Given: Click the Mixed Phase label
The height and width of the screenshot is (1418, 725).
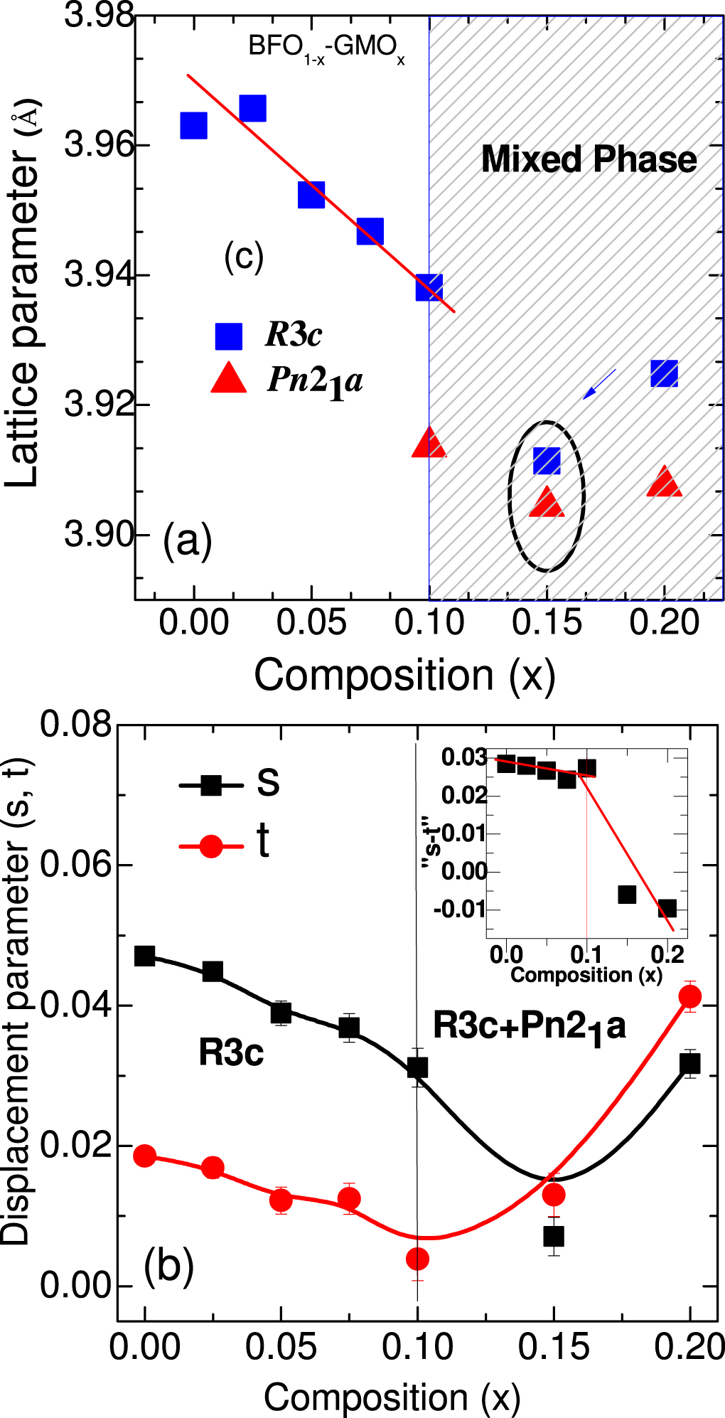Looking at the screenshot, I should click(589, 159).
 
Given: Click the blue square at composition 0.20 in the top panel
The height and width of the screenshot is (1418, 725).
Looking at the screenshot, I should click(664, 373).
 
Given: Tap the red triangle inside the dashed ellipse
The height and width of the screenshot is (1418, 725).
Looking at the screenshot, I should click(547, 503).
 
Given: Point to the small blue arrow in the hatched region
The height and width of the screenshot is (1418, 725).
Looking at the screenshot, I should click(598, 384).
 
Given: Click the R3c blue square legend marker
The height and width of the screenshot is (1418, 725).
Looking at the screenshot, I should click(229, 336).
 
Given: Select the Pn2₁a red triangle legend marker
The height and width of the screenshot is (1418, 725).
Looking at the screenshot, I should click(229, 379).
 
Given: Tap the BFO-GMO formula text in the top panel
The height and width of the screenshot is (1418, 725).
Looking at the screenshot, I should click(326, 48).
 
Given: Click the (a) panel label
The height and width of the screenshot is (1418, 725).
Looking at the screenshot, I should click(188, 540).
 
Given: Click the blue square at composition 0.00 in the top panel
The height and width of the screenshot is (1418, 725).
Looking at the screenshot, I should click(193, 125).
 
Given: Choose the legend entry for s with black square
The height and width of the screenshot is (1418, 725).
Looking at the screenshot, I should click(211, 785).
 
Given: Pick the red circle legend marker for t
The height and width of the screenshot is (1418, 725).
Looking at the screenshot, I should click(211, 846).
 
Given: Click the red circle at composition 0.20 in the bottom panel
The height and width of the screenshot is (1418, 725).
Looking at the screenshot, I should click(689, 996).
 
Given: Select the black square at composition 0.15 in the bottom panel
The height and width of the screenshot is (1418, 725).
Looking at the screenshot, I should click(554, 1236).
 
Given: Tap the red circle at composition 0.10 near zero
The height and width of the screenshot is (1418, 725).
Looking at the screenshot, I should click(417, 1259).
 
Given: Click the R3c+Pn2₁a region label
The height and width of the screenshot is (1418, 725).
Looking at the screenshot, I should click(529, 1026).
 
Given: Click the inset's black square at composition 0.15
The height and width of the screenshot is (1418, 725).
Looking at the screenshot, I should click(627, 894).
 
